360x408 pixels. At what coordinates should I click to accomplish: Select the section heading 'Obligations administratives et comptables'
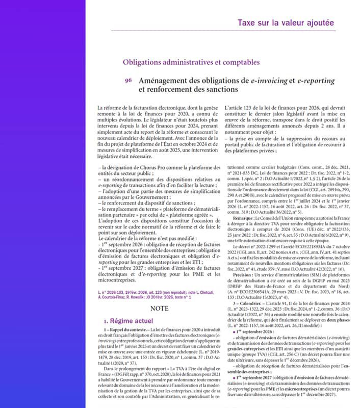point(191,63)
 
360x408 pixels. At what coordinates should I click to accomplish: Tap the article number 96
point(128,81)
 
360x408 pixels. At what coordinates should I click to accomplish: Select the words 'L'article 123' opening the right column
point(240,108)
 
